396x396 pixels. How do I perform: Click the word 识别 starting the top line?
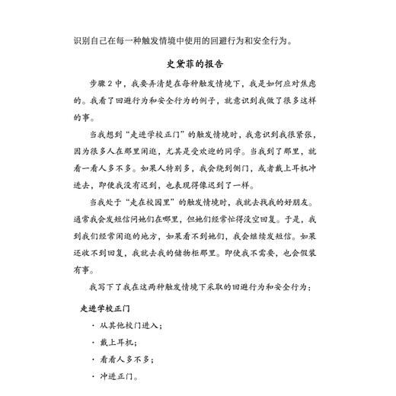83,40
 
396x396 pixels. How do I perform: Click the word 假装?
308,253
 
